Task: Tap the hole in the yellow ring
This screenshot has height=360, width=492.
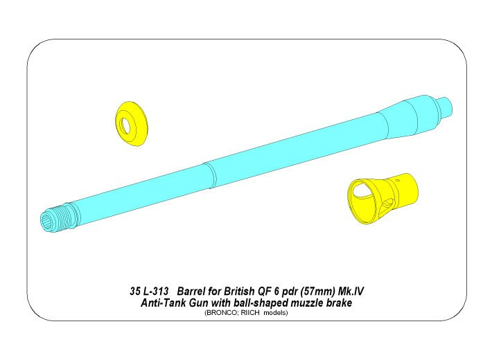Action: pos(127,125)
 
